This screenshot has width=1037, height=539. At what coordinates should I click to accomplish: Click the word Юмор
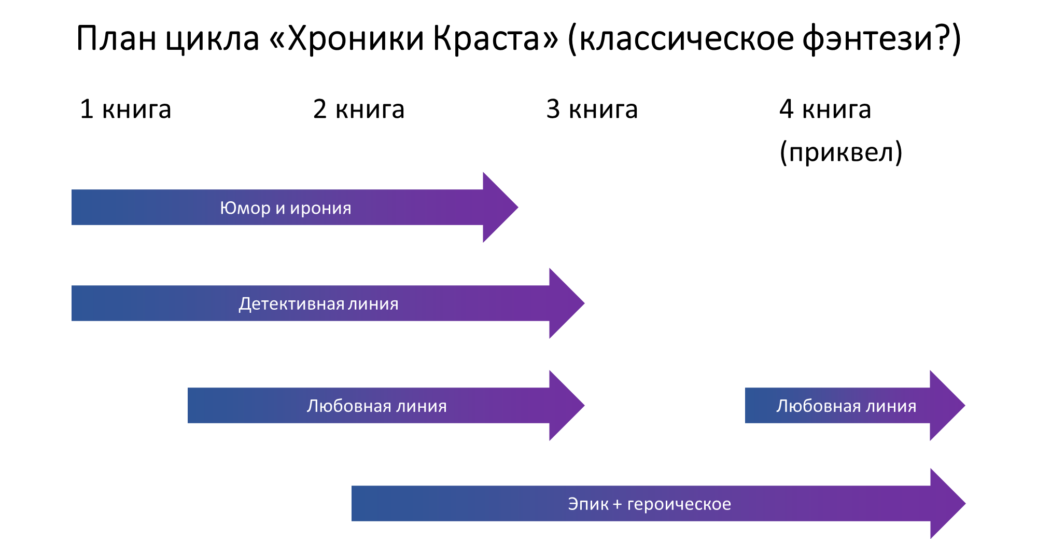245,208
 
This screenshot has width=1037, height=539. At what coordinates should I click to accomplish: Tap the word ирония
320,208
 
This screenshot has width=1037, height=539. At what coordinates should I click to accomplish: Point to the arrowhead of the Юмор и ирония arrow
499,208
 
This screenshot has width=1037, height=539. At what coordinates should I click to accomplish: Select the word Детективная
291,303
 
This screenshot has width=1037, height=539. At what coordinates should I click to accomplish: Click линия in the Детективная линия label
373,303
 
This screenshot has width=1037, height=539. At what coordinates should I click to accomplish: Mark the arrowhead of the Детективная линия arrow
565,303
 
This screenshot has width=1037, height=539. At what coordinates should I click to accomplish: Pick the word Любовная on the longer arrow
349,406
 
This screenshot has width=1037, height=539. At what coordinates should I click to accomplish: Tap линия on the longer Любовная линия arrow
421,406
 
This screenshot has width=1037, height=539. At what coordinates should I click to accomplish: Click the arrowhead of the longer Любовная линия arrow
565,406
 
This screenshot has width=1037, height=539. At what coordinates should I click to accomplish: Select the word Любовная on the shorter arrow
818,406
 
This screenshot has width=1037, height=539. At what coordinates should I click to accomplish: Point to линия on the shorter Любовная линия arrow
891,406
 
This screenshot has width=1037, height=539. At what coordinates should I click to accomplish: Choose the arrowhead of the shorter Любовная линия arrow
946,406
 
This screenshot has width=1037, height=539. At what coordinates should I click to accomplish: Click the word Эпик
588,504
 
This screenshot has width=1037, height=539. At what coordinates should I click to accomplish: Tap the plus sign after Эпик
617,504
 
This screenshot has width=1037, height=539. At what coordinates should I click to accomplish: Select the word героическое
679,504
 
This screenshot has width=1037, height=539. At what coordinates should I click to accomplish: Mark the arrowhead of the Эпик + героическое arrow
947,504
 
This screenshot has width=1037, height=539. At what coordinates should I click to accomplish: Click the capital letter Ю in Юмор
227,208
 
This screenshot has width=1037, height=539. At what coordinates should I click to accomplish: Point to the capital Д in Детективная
244,304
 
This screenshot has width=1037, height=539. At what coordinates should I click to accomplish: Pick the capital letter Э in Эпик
573,504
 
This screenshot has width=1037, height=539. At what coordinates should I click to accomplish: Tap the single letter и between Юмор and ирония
280,209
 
